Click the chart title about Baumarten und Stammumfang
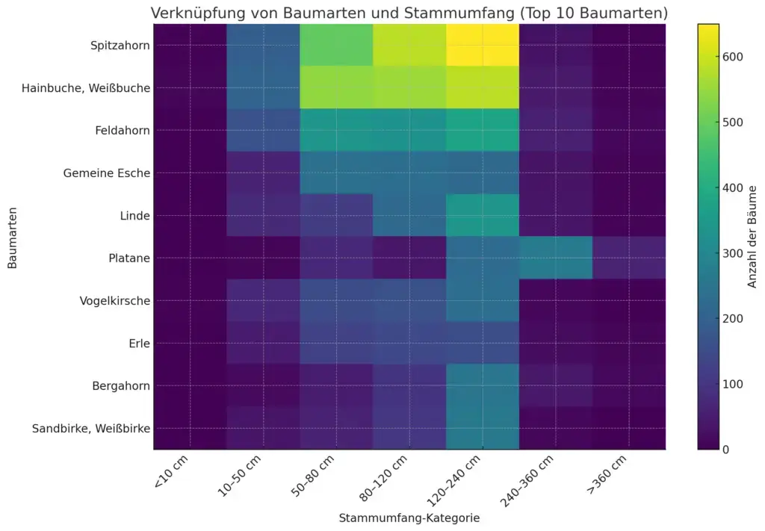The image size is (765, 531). coord(409,13)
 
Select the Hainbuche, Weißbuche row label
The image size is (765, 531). coord(107,88)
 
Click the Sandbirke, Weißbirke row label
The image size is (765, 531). coord(91,429)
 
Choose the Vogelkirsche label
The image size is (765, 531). coord(115,301)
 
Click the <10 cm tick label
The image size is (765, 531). coord(170,473)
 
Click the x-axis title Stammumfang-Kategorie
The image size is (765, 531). coord(409,518)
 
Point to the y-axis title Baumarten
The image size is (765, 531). coord(13,237)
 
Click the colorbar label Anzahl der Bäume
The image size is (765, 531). coord(753,237)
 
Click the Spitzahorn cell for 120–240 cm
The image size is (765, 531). coord(483,46)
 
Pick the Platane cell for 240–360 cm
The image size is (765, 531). coord(555,258)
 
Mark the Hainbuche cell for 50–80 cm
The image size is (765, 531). coord(336,88)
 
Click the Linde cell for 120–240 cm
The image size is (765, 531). coord(483,216)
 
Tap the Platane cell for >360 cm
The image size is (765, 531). coord(628,258)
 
